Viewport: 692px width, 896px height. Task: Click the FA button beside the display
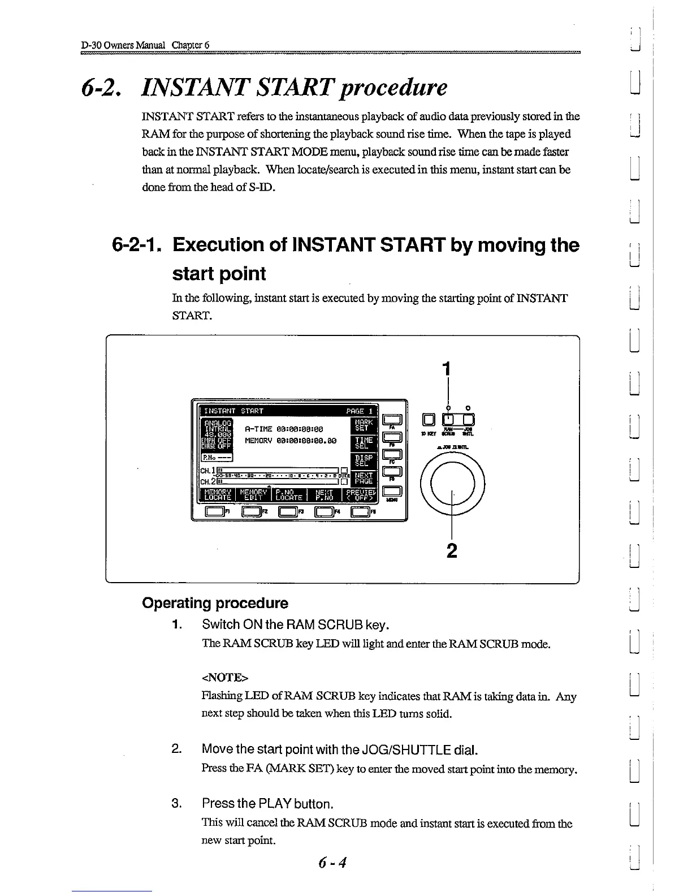pyautogui.click(x=392, y=419)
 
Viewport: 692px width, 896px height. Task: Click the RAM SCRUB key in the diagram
pyautogui.click(x=449, y=420)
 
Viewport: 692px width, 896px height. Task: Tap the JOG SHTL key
pyautogui.click(x=468, y=420)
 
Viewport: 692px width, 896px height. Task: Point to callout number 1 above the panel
pyautogui.click(x=447, y=369)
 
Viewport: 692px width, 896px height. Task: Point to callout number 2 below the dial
pyautogui.click(x=451, y=550)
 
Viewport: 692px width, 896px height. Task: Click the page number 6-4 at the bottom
pyautogui.click(x=332, y=863)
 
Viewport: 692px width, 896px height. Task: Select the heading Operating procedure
pyautogui.click(x=215, y=603)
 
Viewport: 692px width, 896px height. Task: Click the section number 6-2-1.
pyautogui.click(x=138, y=245)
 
